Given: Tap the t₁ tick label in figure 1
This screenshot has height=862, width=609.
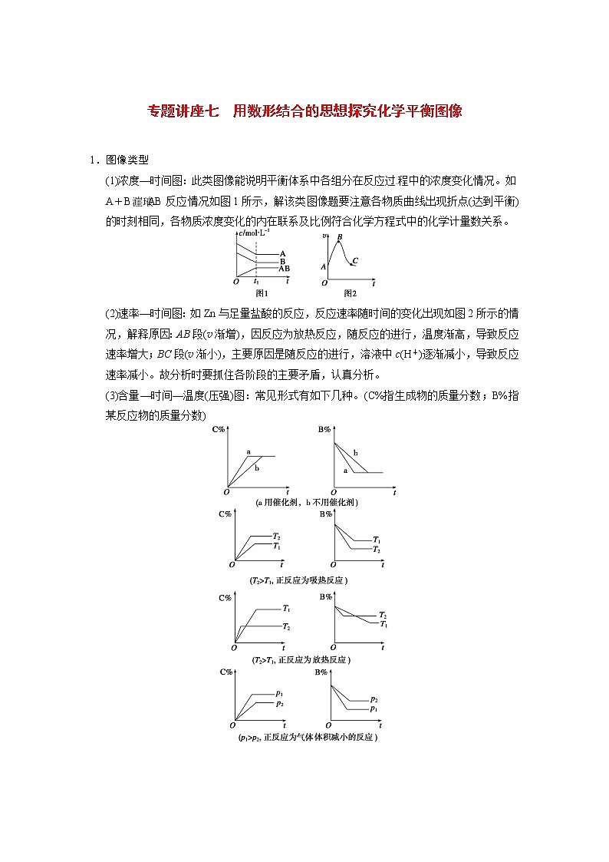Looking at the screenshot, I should (256, 282).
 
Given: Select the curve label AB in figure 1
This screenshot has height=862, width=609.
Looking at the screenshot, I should (284, 269).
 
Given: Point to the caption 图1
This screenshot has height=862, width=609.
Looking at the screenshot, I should (262, 292).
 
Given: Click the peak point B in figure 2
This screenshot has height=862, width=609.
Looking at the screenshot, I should (339, 237).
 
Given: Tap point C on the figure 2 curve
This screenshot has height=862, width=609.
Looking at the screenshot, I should (355, 262).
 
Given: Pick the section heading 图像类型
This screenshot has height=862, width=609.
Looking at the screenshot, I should (127, 160).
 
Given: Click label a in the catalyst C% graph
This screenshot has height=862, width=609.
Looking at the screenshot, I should (249, 452).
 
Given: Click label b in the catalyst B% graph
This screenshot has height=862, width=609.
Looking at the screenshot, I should (355, 454).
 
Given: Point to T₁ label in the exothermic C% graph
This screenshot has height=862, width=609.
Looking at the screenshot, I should (286, 608).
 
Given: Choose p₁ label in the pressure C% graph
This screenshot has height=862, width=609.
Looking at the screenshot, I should (280, 693).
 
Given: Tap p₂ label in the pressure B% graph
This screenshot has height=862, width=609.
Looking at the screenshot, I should (374, 699).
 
